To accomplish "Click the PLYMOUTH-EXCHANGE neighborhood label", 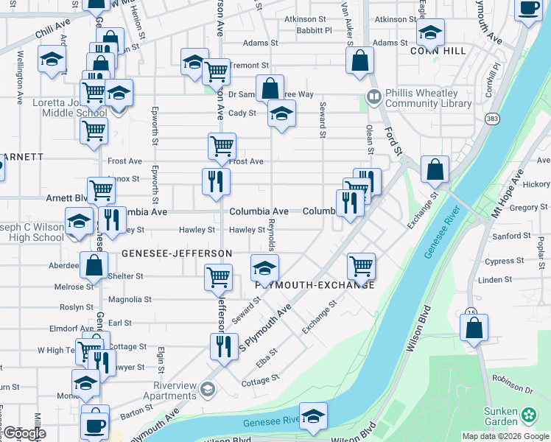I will (315, 285).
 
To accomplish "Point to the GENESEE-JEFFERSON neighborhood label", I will (177, 253).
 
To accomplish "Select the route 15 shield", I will (471, 312).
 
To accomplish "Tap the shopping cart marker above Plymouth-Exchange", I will (361, 266).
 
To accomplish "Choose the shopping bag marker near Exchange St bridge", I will (435, 169).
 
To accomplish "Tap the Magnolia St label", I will (130, 300).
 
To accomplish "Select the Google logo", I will (24, 433).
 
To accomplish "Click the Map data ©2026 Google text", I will (505, 436).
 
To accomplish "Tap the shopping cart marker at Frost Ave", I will (222, 146).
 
